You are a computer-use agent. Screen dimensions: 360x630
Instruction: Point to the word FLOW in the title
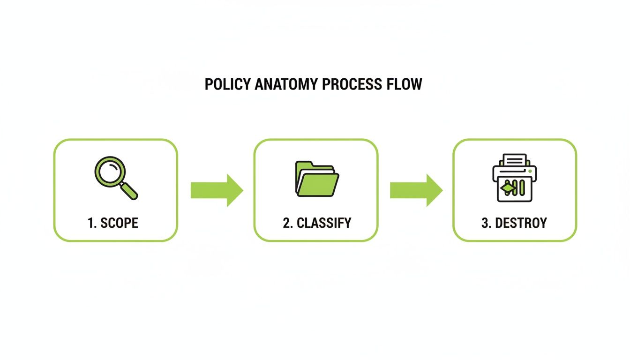tap(405, 84)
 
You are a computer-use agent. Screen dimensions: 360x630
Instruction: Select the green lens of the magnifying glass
tap(109, 171)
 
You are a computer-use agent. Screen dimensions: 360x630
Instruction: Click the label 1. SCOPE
tap(113, 223)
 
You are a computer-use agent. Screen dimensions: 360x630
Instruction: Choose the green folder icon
tap(316, 179)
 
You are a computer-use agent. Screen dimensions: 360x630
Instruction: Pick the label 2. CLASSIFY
tap(317, 223)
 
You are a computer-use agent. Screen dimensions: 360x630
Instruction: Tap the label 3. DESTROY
tap(514, 223)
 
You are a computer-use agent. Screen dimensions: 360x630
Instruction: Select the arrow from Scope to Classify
tap(217, 190)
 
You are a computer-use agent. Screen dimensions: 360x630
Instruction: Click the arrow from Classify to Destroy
tap(416, 190)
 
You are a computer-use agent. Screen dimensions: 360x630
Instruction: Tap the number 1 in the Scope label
tap(90, 223)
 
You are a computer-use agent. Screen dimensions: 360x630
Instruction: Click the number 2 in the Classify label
tap(286, 223)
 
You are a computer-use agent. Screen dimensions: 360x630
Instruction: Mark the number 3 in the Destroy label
tap(485, 223)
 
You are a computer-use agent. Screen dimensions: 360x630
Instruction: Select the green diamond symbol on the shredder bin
tap(506, 189)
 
